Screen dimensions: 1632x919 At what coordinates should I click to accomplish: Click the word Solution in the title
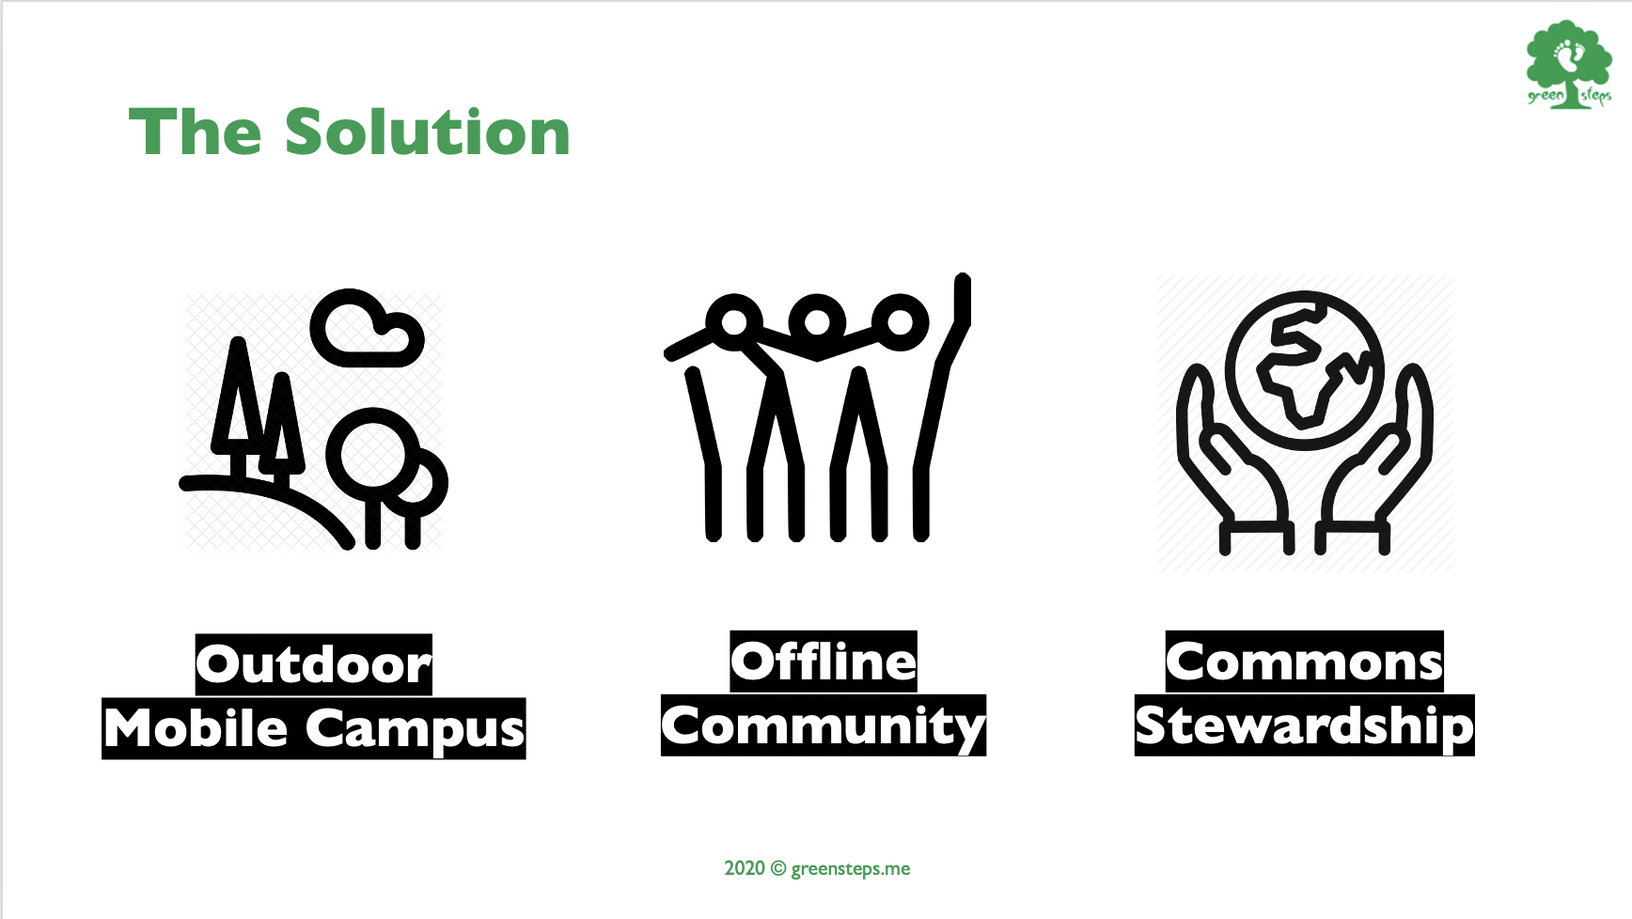[x=427, y=132]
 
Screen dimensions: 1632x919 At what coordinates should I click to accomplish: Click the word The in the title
[x=195, y=132]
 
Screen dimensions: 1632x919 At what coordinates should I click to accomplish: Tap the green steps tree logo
[x=1569, y=64]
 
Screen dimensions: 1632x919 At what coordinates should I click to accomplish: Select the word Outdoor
[x=314, y=664]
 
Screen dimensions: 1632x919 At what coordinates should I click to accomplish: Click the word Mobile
[x=196, y=728]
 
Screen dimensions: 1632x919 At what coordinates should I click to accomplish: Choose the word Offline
[x=824, y=662]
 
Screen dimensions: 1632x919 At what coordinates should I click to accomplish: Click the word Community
[x=824, y=726]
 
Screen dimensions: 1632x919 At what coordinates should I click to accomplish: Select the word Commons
[x=1304, y=662]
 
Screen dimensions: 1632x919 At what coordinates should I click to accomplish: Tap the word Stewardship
[x=1305, y=726]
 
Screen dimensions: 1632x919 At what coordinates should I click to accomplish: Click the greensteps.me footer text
[x=850, y=868]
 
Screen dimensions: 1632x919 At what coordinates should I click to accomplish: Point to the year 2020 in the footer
[x=745, y=867]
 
